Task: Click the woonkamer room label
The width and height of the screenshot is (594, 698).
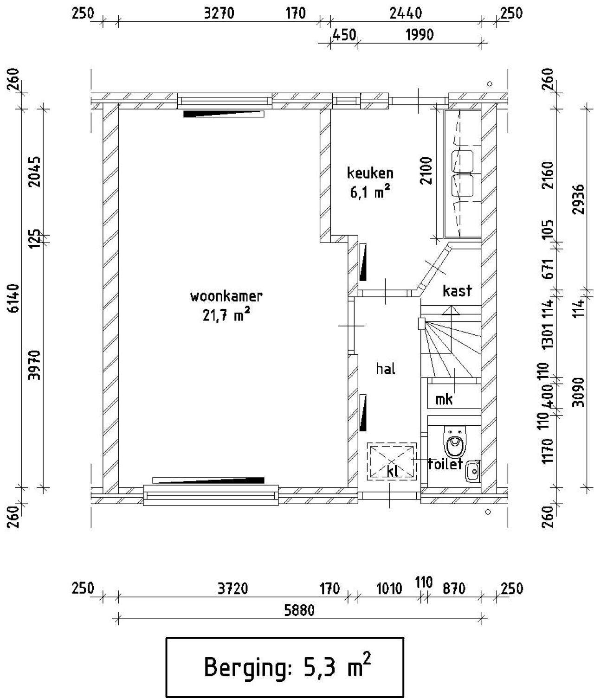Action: click(226, 296)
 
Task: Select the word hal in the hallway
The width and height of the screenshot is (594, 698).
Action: click(386, 369)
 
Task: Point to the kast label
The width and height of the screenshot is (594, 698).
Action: click(457, 290)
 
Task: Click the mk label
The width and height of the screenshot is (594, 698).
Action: click(444, 399)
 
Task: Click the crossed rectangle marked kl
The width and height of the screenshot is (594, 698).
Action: click(392, 461)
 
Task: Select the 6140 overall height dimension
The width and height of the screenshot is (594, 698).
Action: click(14, 303)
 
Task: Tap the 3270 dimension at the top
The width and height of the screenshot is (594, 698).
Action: click(219, 13)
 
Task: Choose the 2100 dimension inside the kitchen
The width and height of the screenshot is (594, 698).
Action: click(426, 171)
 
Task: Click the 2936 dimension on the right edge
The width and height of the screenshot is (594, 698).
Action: click(579, 199)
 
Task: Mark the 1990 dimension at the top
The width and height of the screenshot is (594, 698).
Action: click(420, 35)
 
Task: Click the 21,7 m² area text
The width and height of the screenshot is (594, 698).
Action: click(226, 315)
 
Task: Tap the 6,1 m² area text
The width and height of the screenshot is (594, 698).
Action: click(370, 192)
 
